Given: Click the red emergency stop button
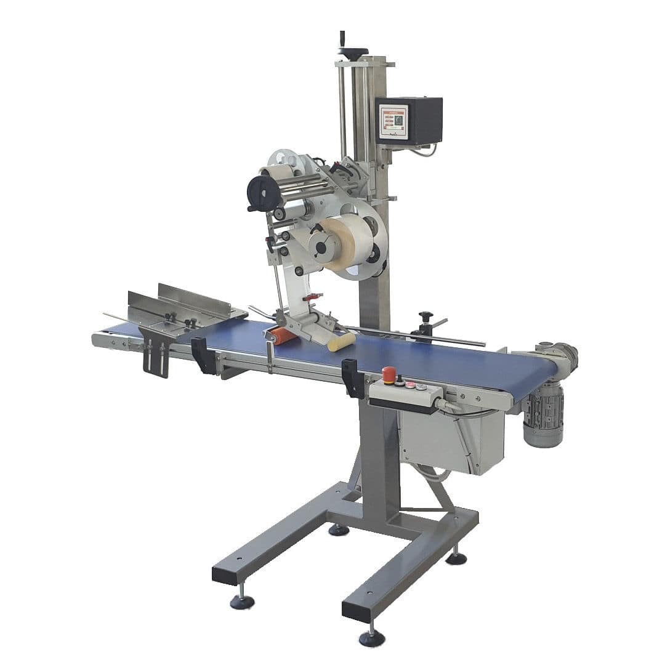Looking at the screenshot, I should click(389, 373).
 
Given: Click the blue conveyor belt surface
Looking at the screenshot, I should click(431, 360).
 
